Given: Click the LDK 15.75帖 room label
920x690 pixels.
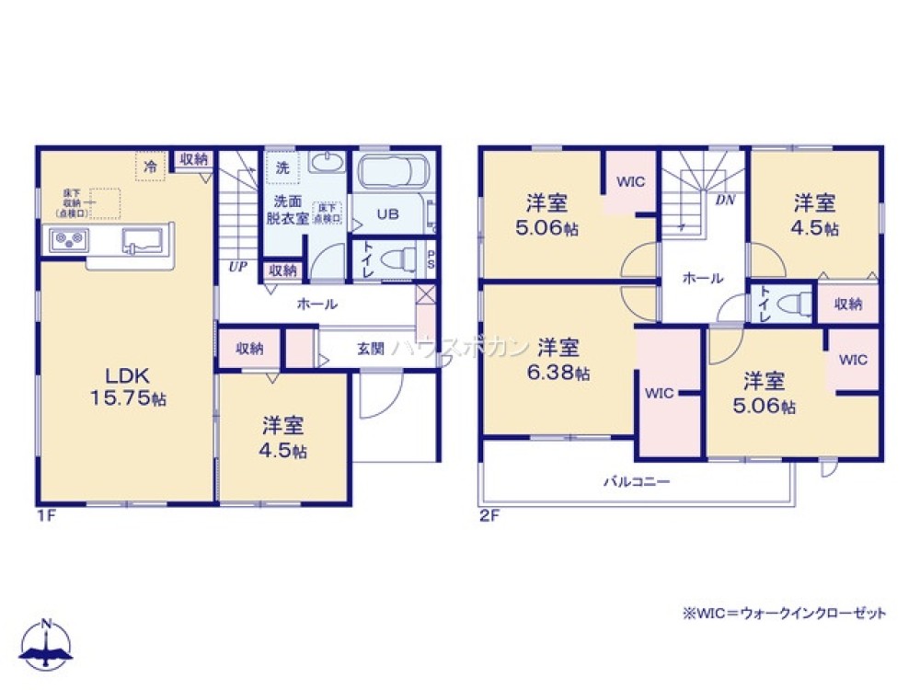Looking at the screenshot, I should pyautogui.click(x=127, y=386).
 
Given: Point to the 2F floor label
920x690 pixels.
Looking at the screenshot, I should pyautogui.click(x=489, y=515).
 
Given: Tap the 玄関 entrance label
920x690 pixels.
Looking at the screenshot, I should pyautogui.click(x=371, y=349).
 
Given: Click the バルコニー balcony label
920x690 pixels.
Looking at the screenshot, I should pyautogui.click(x=636, y=480).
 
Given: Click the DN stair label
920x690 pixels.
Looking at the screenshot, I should pyautogui.click(x=725, y=199).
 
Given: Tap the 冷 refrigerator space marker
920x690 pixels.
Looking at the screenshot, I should pyautogui.click(x=150, y=167).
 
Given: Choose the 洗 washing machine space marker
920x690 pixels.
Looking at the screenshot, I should pyautogui.click(x=282, y=167).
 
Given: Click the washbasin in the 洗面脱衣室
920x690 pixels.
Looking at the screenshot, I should pyautogui.click(x=325, y=164).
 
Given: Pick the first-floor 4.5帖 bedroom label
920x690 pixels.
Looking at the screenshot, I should pyautogui.click(x=284, y=438).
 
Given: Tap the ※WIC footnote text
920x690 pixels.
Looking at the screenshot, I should pyautogui.click(x=783, y=613).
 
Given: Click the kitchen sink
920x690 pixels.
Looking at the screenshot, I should pyautogui.click(x=141, y=243).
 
